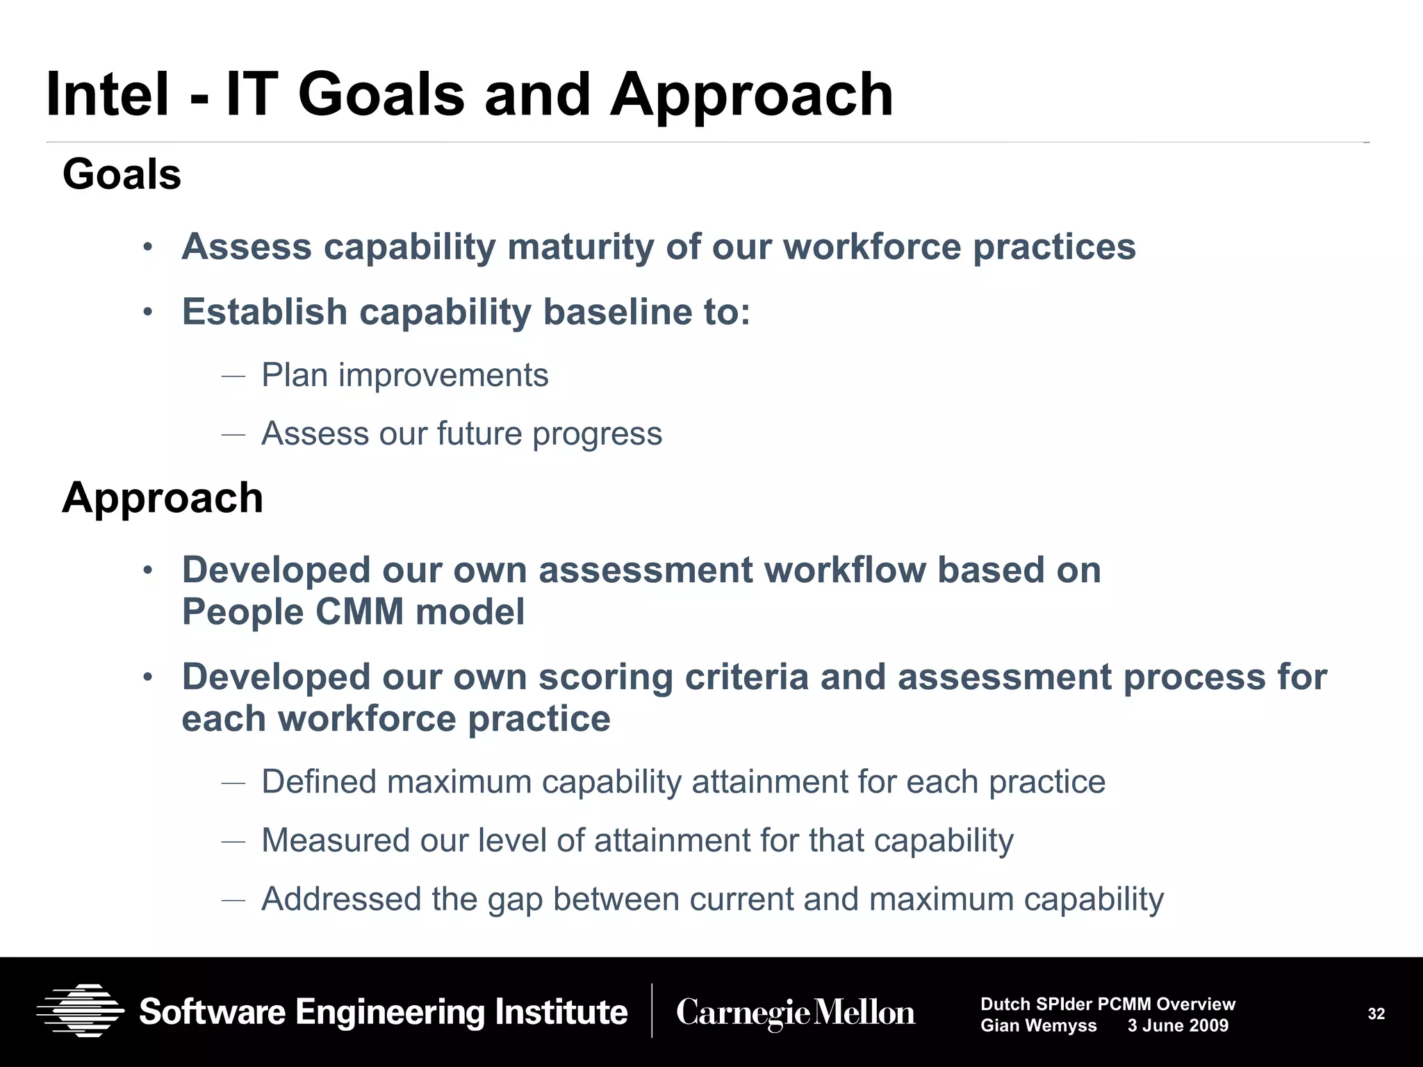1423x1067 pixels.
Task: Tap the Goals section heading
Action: coord(122,174)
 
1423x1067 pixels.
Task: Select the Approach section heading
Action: coord(163,498)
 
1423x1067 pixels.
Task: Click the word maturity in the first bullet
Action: coord(580,247)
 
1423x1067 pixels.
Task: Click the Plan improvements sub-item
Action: coord(404,376)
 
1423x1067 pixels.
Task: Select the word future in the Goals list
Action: coord(479,434)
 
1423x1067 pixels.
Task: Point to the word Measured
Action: coord(334,841)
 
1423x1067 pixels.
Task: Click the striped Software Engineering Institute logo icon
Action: coord(81,1011)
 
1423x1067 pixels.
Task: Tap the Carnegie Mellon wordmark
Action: coord(796,1013)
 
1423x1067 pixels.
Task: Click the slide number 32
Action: coord(1376,1014)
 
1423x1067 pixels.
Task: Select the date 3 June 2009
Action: coord(1178,1026)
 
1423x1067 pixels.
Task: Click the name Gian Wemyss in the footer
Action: coord(1038,1026)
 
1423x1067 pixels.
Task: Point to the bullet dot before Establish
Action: coord(147,312)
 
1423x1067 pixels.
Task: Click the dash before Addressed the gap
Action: coord(233,900)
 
